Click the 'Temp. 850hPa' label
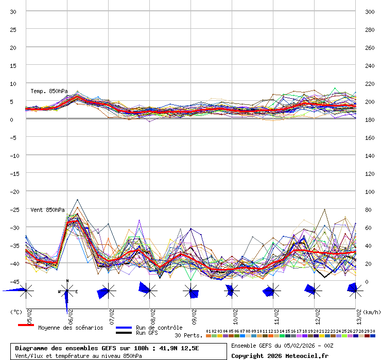tap(49, 91)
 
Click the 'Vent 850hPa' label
tap(47, 210)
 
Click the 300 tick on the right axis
tap(369, 11)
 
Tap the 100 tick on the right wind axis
tap(369, 191)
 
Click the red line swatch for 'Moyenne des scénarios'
tap(26, 325)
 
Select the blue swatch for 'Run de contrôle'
tap(124, 328)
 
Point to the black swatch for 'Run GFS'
tap(124, 333)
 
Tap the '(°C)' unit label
tap(16, 312)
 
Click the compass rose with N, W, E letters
tap(67, 291)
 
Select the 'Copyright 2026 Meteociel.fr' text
tap(280, 355)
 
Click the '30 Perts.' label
tap(188, 335)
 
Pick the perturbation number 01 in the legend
tap(208, 331)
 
